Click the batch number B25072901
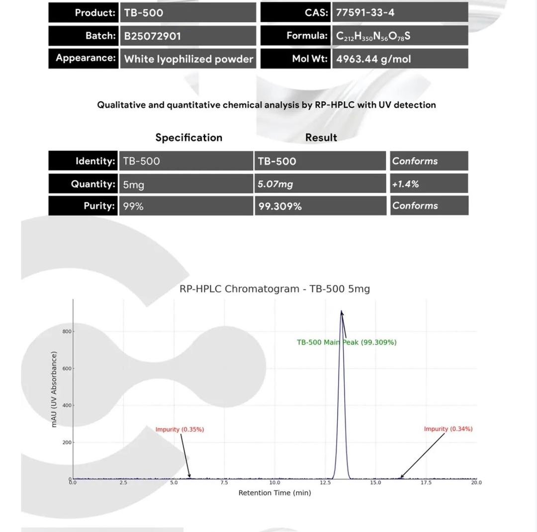[x=152, y=36]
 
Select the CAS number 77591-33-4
[x=365, y=12]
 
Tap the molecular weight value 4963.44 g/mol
[x=373, y=59]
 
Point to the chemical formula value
[x=373, y=36]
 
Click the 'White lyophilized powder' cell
[x=188, y=59]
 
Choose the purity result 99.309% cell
[x=280, y=206]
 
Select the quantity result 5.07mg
[x=275, y=184]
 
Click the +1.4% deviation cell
[x=405, y=184]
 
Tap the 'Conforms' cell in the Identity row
[x=415, y=161]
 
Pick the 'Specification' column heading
[x=188, y=137]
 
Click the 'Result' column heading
[x=321, y=137]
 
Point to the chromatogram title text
[x=274, y=289]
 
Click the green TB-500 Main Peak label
[x=347, y=342]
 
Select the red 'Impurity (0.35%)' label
[x=179, y=429]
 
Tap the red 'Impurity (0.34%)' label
[x=448, y=429]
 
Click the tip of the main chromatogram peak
[x=342, y=311]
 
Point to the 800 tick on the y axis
[x=67, y=332]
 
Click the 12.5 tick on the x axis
[x=325, y=482]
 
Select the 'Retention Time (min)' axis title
[x=274, y=493]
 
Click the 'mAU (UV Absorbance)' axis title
[x=54, y=389]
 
